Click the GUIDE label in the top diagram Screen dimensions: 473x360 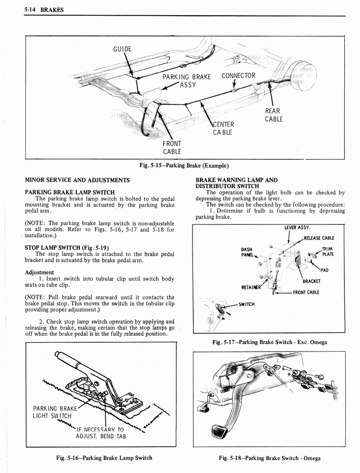point(122,49)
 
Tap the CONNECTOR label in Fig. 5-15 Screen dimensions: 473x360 point(238,76)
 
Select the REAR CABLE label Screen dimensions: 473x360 point(274,115)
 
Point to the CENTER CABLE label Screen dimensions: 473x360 point(224,128)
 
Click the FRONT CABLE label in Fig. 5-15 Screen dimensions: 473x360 point(172,147)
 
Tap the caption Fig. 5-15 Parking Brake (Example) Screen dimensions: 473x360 point(184,165)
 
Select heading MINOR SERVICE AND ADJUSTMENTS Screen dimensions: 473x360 point(77,180)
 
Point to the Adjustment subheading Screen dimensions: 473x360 point(40,272)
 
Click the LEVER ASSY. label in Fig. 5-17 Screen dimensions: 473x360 point(297,227)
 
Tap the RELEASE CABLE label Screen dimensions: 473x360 point(319,238)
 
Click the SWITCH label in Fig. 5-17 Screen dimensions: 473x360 point(247,304)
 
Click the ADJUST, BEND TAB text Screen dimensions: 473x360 point(101,436)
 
